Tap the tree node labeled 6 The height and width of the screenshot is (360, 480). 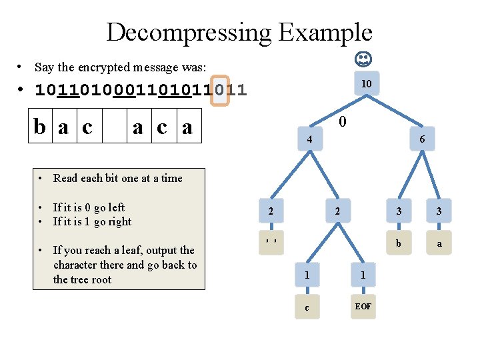pyautogui.click(x=421, y=140)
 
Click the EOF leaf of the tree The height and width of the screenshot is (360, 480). pyautogui.click(x=363, y=307)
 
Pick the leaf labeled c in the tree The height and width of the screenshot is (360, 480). pyautogui.click(x=307, y=307)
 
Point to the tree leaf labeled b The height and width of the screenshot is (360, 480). pyautogui.click(x=398, y=243)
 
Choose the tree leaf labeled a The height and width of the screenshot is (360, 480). pyautogui.click(x=439, y=243)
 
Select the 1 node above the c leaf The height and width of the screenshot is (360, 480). pyautogui.click(x=307, y=275)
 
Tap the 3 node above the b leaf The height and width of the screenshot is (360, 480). pyautogui.click(x=398, y=211)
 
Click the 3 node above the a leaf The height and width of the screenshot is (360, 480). pyautogui.click(x=439, y=211)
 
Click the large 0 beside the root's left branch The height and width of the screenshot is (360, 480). pyautogui.click(x=342, y=123)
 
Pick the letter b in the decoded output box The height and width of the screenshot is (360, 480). pyautogui.click(x=41, y=126)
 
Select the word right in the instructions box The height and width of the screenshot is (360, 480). pyautogui.click(x=119, y=221)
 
